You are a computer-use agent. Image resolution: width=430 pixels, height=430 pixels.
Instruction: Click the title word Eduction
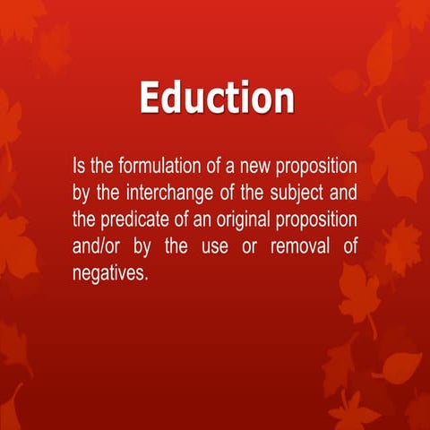tap(217, 98)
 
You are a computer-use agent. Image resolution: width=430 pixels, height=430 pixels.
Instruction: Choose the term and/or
tap(97, 247)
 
